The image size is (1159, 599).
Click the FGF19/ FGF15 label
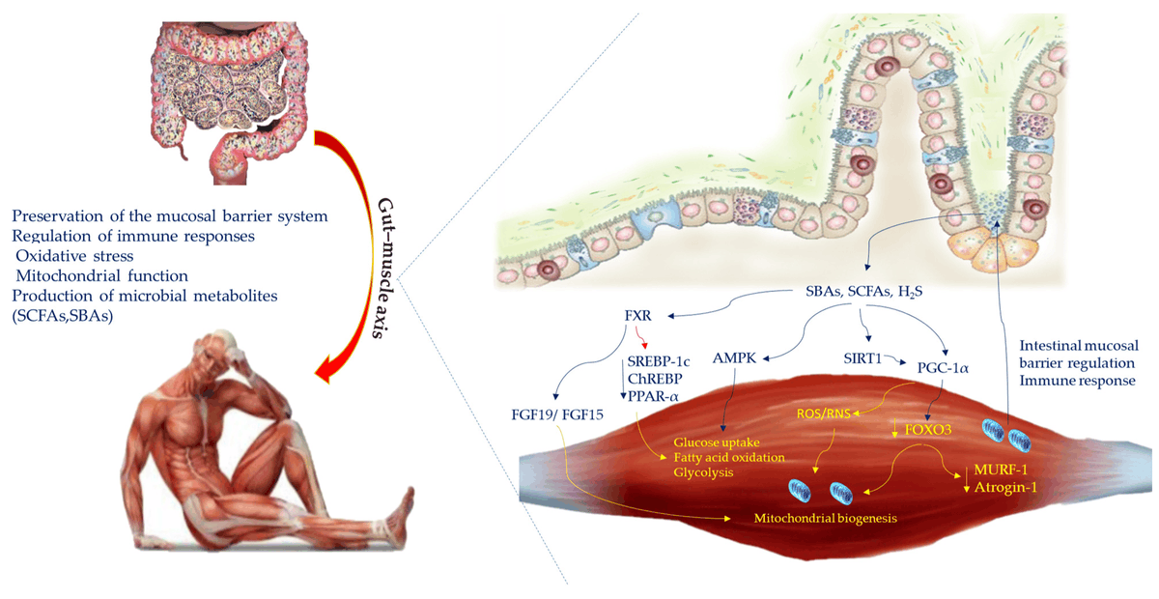[x=555, y=422]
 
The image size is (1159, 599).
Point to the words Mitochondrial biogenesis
[x=825, y=518]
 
